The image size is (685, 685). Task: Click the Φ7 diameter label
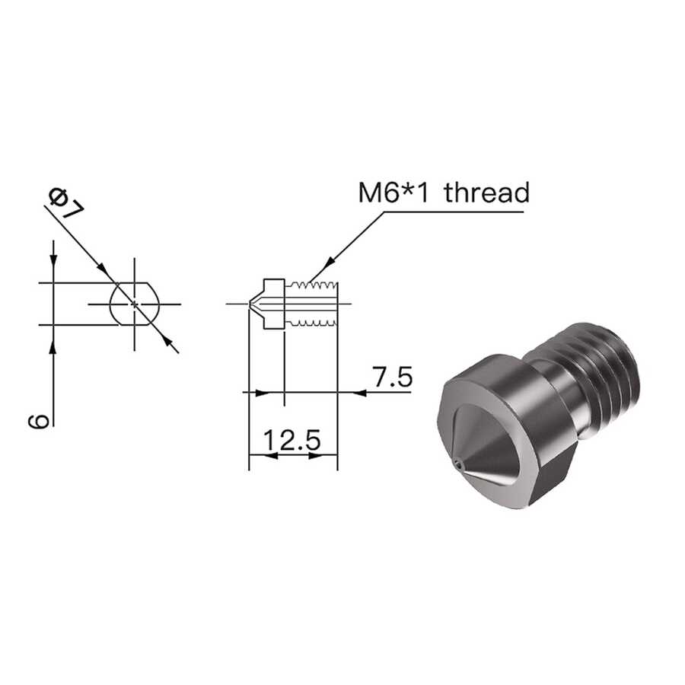pos(66,203)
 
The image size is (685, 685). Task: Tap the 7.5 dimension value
pos(392,377)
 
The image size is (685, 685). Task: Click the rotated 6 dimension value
pos(38,421)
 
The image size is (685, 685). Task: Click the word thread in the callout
pos(486,193)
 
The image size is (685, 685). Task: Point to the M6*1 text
pos(393,193)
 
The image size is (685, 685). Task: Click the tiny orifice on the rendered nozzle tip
pos(457,463)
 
